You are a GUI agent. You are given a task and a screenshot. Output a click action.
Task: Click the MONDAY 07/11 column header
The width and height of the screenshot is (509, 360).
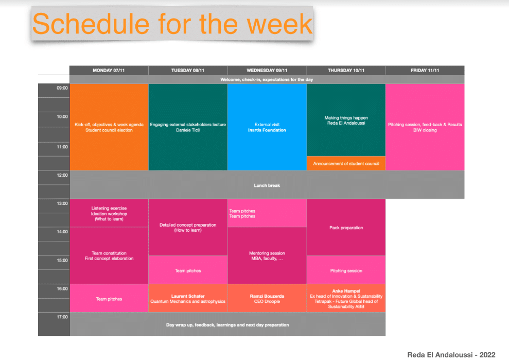pyautogui.click(x=109, y=70)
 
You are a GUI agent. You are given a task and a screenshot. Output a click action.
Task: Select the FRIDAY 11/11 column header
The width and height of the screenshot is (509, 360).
pyautogui.click(x=425, y=70)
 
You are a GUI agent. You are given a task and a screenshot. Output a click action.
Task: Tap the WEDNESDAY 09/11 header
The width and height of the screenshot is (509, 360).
pyautogui.click(x=267, y=70)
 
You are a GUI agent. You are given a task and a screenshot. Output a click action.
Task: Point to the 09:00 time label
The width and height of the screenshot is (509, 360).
pyautogui.click(x=62, y=88)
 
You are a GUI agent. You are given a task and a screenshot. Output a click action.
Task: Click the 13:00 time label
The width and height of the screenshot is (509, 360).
pyautogui.click(x=62, y=203)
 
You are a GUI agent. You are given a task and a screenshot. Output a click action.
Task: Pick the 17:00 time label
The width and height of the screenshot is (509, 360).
pyautogui.click(x=62, y=317)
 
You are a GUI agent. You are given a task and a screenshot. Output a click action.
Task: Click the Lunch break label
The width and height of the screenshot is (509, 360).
pyautogui.click(x=267, y=185)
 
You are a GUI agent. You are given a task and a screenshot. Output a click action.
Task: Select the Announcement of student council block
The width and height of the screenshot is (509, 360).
pyautogui.click(x=346, y=163)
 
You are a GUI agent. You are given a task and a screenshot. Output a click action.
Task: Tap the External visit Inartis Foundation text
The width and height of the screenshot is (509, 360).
pyautogui.click(x=267, y=127)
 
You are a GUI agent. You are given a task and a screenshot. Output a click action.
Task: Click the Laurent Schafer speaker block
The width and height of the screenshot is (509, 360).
pyautogui.click(x=188, y=298)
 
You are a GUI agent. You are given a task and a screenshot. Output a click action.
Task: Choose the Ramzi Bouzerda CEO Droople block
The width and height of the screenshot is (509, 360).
pyautogui.click(x=267, y=298)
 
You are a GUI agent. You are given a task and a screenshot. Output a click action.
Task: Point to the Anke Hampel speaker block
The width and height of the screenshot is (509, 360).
pyautogui.click(x=346, y=298)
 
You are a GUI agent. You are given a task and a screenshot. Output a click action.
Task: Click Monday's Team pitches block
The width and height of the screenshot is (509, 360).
pyautogui.click(x=109, y=298)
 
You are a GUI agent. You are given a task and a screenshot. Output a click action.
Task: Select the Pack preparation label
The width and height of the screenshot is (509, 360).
pyautogui.click(x=346, y=228)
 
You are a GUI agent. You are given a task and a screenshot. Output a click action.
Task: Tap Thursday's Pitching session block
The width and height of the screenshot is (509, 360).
pyautogui.click(x=346, y=270)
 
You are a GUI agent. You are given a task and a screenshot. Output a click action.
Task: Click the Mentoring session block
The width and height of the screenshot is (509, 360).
pyautogui.click(x=267, y=255)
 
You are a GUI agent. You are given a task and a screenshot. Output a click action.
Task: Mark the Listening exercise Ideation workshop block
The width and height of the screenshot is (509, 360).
pyautogui.click(x=109, y=213)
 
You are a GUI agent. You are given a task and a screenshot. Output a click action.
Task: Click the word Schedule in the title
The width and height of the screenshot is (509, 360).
pyautogui.click(x=91, y=24)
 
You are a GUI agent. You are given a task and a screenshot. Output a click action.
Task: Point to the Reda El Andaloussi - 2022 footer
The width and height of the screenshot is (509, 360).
pyautogui.click(x=451, y=355)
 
